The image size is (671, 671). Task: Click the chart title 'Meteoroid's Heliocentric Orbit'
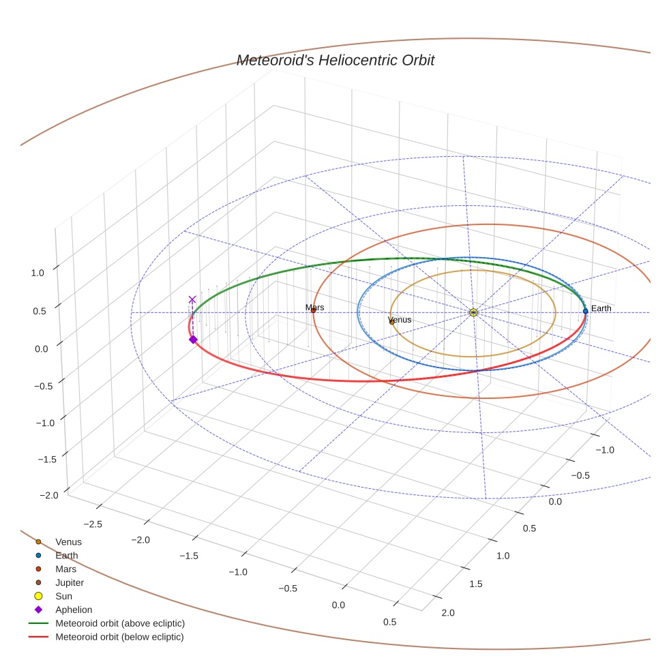335,61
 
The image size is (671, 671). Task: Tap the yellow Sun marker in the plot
473,312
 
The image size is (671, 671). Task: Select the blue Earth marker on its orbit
585,311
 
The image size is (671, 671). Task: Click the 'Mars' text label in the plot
315,308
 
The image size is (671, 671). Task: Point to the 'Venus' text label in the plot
400,319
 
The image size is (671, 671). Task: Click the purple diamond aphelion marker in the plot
193,340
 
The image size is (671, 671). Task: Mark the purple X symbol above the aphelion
192,299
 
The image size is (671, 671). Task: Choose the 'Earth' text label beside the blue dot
601,308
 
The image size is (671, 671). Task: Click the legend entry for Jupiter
69,582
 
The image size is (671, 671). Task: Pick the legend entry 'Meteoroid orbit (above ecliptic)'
120,623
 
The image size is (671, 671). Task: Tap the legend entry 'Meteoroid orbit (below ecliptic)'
120,637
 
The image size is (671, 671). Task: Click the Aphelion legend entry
73,610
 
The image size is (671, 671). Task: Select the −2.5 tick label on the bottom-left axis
93,523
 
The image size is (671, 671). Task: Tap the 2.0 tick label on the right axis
448,613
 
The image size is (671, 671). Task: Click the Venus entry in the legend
68,541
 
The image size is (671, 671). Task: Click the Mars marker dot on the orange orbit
313,311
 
